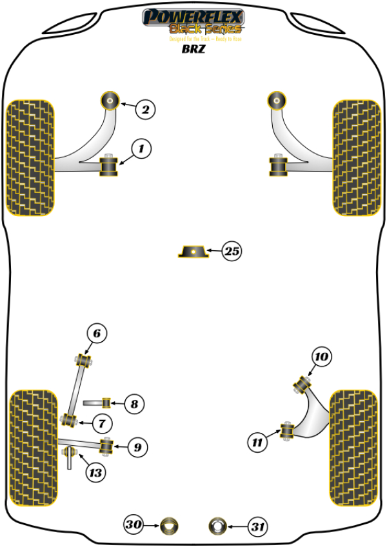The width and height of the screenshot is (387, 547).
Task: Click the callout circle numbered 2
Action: tap(145, 110)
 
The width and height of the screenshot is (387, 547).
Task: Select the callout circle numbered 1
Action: tap(141, 150)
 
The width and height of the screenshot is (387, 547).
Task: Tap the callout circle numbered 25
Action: tap(231, 252)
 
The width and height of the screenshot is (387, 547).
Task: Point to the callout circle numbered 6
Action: tap(96, 333)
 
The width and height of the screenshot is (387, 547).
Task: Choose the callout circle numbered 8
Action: tap(134, 404)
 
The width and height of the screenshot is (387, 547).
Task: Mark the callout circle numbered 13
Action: tap(95, 473)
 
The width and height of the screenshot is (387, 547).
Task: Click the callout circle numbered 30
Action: tap(134, 526)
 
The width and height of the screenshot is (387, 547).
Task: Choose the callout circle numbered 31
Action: tap(257, 527)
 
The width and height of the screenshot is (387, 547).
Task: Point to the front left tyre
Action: tap(30, 158)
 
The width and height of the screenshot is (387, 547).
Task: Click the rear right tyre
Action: tap(353, 439)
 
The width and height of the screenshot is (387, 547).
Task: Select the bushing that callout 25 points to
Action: tap(193, 251)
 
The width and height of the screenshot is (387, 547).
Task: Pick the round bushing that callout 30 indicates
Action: tap(170, 526)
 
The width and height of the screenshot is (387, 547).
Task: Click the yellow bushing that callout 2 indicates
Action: tap(111, 100)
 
